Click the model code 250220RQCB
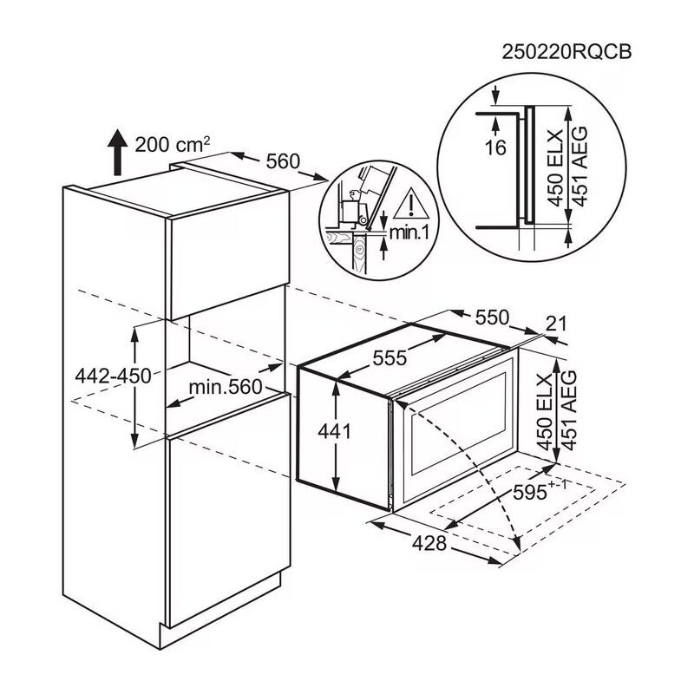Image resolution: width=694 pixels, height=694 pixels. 567,52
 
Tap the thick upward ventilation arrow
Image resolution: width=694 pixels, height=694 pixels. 117,153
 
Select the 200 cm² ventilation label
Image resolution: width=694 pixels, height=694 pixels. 172,144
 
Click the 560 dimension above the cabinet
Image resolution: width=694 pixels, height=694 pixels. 283,161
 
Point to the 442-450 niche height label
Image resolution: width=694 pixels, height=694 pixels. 113,376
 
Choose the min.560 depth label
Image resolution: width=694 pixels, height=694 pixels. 226,387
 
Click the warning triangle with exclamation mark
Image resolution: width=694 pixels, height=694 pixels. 411,204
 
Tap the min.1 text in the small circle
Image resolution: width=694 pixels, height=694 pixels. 409,232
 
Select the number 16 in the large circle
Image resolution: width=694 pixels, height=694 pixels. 495,147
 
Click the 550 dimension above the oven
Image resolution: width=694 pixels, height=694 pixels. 492,318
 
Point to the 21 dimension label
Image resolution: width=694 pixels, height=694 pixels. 556,324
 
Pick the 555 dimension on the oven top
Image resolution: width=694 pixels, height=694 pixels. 390,357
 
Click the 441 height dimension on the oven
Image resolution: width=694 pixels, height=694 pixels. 334,431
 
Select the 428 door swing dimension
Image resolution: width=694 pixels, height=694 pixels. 429,543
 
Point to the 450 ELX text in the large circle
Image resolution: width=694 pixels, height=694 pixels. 554,168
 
